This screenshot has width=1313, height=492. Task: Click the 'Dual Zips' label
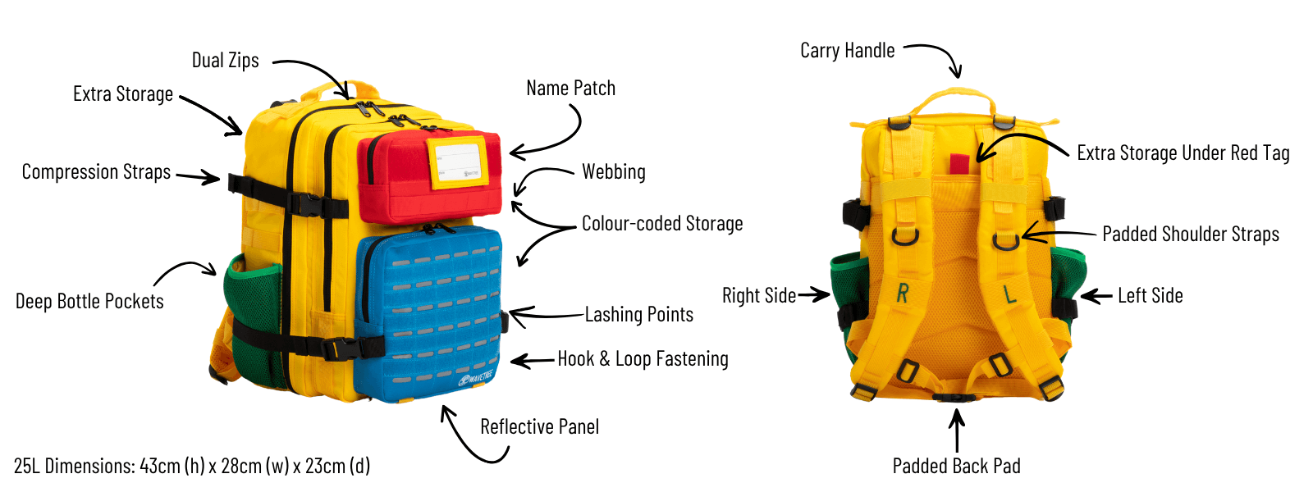pos(225,61)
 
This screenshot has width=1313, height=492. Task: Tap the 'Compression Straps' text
pos(96,172)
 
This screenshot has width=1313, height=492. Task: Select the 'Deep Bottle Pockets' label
pos(89,302)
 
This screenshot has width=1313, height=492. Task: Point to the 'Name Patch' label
pos(570,89)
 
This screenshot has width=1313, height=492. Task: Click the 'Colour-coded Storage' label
pos(662,224)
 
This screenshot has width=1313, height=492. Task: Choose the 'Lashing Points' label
pos(638,315)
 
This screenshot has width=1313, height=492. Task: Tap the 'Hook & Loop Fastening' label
pos(643,359)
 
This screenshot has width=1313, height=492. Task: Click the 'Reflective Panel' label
pos(539,427)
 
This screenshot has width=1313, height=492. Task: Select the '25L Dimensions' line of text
pos(192,467)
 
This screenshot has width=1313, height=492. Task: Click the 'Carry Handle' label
pos(847,51)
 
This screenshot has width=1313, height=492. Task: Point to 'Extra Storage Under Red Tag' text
pos(1183,153)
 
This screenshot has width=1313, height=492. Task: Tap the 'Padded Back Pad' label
pos(956,467)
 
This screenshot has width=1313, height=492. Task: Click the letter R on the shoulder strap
pos(903,293)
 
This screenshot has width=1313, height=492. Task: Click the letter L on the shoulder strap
pos(1009,294)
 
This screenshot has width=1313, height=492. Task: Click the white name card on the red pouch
pos(457,162)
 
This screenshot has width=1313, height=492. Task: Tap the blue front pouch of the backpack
pos(429,312)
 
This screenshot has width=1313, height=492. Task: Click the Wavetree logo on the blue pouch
pos(476,379)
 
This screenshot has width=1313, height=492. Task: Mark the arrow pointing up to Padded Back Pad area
pos(957,430)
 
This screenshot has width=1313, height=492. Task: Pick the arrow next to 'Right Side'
pos(813,295)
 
